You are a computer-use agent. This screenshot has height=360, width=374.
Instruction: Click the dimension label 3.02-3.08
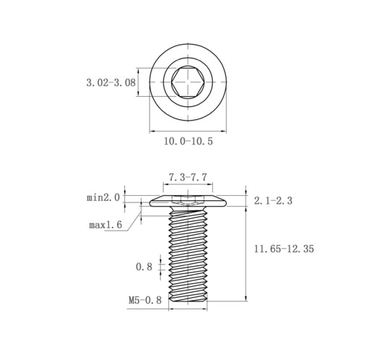click(x=111, y=82)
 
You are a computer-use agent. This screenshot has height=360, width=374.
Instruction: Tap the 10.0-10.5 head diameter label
click(x=188, y=141)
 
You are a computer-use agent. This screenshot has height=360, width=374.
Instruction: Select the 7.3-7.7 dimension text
click(x=188, y=177)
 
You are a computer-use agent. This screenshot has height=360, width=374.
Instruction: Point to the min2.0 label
click(x=103, y=198)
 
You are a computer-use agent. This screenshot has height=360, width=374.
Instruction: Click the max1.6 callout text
click(x=105, y=225)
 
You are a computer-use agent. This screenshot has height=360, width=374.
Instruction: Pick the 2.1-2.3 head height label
click(x=273, y=200)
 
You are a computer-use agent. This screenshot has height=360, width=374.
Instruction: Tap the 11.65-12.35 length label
click(x=284, y=249)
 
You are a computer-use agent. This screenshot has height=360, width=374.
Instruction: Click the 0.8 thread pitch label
click(x=144, y=267)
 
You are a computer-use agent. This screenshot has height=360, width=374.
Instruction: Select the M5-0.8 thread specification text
click(x=145, y=300)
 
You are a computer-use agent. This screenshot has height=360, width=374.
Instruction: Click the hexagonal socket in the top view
click(x=188, y=82)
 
